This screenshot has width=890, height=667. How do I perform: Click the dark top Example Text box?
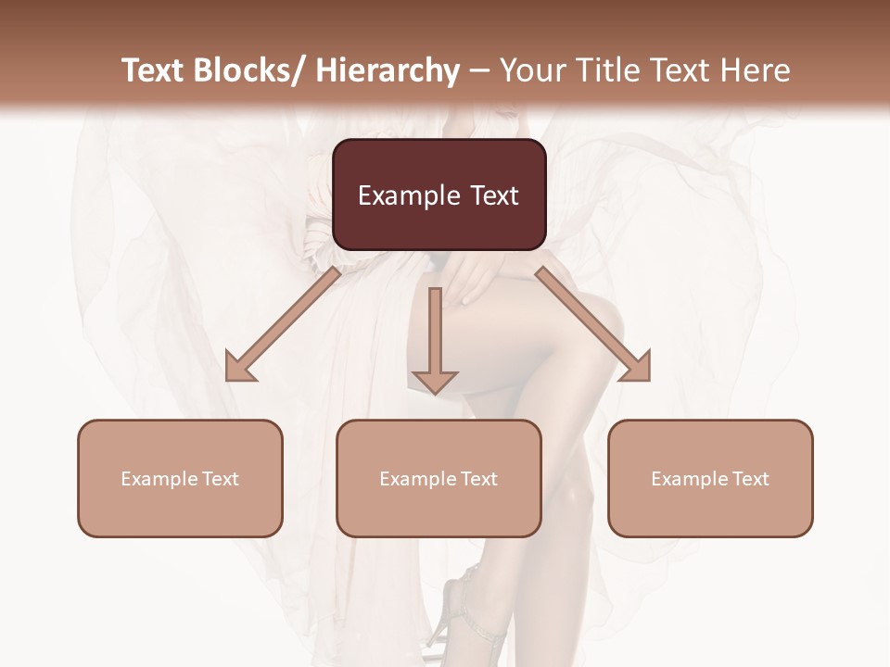pos(439,195)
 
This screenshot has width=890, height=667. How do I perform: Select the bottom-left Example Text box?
pos(180,478)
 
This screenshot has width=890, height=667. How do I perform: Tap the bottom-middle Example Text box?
pos(439,478)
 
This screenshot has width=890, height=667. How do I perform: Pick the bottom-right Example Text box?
pos(710,478)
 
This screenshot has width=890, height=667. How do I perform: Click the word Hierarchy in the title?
pos(388,70)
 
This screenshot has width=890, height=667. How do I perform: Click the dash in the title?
pos(479,71)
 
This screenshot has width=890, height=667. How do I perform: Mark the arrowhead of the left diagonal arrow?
pos(241,367)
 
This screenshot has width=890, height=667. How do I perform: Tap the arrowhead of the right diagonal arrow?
pos(634,367)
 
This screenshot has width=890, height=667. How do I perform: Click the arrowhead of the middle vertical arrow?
pos(435,380)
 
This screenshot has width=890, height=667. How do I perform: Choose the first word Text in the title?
pos(151,70)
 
